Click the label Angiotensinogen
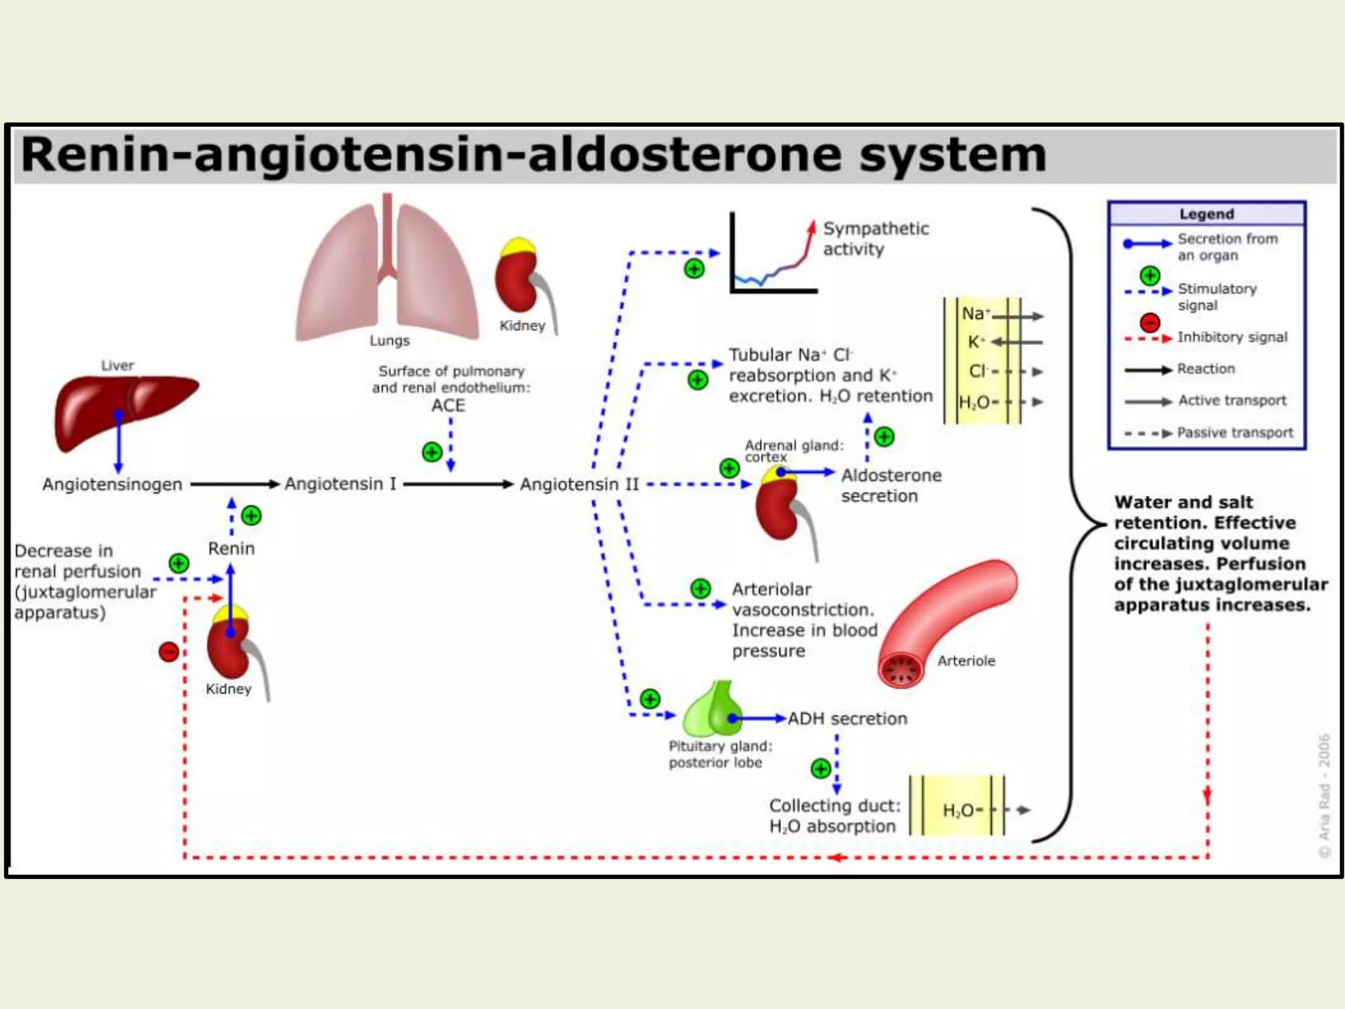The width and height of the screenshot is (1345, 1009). (112, 485)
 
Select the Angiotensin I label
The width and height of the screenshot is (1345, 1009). (340, 484)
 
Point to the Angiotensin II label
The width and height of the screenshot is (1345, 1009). (579, 485)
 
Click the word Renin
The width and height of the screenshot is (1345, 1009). (231, 549)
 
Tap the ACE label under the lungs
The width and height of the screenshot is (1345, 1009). (448, 406)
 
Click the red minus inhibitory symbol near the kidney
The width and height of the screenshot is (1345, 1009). (169, 652)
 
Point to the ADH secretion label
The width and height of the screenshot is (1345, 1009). (847, 719)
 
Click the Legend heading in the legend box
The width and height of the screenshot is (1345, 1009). (1206, 214)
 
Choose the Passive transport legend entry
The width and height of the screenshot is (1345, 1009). (1235, 433)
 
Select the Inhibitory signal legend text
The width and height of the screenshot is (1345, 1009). (1232, 337)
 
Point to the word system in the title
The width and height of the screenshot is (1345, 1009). (952, 155)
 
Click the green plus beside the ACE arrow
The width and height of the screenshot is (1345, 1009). (431, 452)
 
